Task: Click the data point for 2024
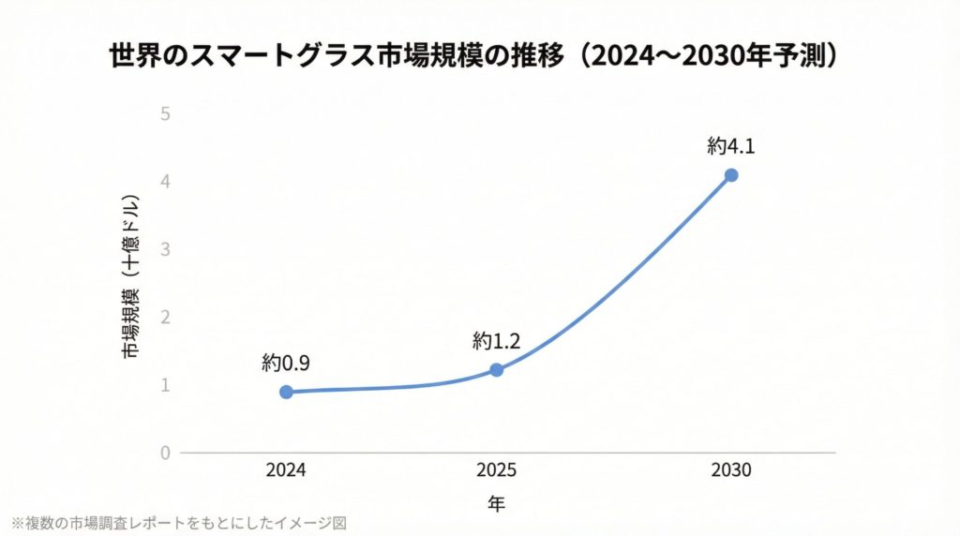pyautogui.click(x=286, y=392)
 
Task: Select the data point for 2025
pyautogui.click(x=497, y=370)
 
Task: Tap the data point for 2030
pyautogui.click(x=731, y=175)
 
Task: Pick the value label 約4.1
pyautogui.click(x=731, y=146)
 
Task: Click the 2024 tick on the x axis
pyautogui.click(x=286, y=470)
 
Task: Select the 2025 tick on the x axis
pyautogui.click(x=497, y=470)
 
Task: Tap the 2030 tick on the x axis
pyautogui.click(x=731, y=470)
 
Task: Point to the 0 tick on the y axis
pyautogui.click(x=165, y=454)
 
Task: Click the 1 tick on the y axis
pyautogui.click(x=165, y=385)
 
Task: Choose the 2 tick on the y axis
pyautogui.click(x=165, y=318)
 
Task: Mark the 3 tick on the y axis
pyautogui.click(x=165, y=249)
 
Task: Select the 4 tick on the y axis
pyautogui.click(x=165, y=181)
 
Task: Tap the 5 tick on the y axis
pyautogui.click(x=165, y=113)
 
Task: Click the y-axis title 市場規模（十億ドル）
pyautogui.click(x=130, y=277)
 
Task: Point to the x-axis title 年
pyautogui.click(x=497, y=505)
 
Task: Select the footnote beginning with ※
pyautogui.click(x=178, y=522)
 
